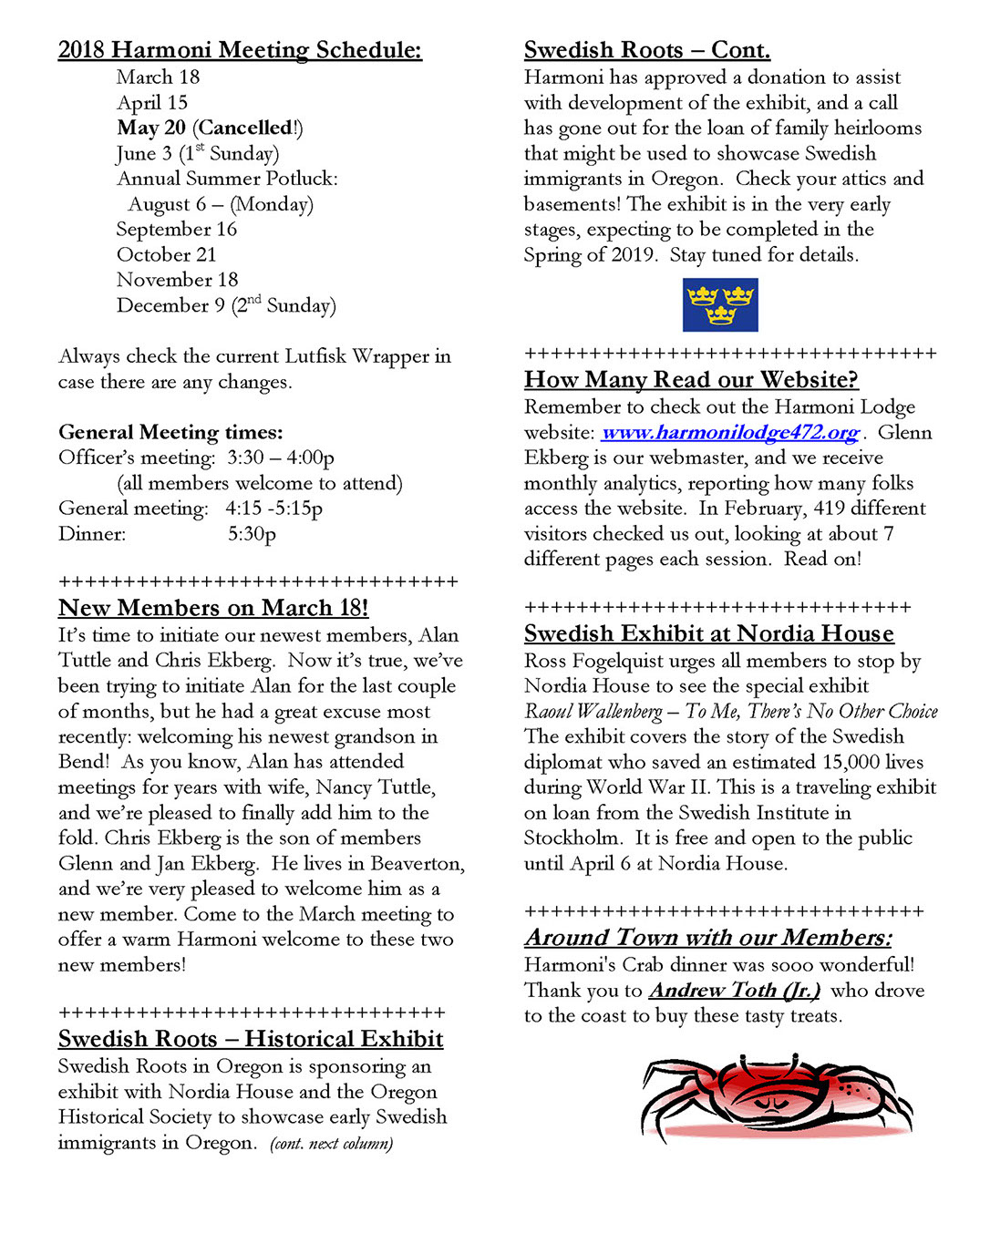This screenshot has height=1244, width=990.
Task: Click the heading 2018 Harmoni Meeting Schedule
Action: [x=240, y=50]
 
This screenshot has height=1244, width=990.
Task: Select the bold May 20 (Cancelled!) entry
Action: [x=210, y=128]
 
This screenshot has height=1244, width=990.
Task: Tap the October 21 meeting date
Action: [x=167, y=255]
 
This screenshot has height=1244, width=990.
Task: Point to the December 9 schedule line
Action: [x=226, y=306]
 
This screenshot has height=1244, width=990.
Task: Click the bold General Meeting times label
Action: [x=170, y=432]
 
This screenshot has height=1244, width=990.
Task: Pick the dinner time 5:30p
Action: [x=252, y=534]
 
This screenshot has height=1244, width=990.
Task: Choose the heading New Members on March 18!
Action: [x=213, y=608]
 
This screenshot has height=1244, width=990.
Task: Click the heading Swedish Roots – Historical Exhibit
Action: [x=251, y=1039]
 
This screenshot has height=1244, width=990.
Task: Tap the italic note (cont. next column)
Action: [x=332, y=1144]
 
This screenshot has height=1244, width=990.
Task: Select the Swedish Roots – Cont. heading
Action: [x=647, y=50]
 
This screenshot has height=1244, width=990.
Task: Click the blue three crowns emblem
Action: [x=720, y=304]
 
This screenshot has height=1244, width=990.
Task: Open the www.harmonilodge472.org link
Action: [x=730, y=433]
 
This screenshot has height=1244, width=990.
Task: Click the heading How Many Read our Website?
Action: [x=691, y=380]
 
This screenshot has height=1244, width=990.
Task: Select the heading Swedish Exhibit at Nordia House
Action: [x=709, y=633]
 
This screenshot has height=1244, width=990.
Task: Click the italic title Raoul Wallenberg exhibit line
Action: [x=730, y=712]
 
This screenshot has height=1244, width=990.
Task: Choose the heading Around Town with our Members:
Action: [x=708, y=938]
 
